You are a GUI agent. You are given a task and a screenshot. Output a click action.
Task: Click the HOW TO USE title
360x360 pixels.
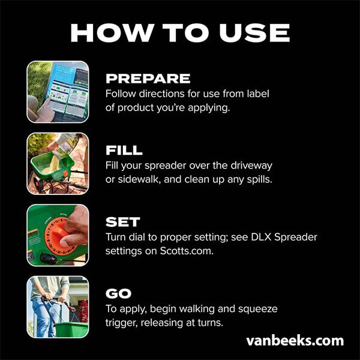coord(180,33)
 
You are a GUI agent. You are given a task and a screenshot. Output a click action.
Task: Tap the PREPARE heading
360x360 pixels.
coord(148,79)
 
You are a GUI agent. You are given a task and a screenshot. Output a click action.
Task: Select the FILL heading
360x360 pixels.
coord(124,151)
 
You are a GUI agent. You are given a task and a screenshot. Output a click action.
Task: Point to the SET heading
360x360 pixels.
coord(122,222)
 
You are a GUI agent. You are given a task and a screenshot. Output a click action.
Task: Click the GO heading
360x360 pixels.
coord(118,293)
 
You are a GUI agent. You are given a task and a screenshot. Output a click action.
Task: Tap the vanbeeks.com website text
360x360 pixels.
coord(295,341)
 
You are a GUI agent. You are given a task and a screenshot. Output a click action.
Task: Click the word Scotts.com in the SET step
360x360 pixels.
coord(187,251)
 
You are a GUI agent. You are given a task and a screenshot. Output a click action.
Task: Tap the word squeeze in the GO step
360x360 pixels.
coord(257,310)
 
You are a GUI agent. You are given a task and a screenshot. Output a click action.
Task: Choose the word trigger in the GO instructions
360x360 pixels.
coord(122,323)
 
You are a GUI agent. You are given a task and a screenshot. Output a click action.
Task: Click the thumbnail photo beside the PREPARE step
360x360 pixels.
coord(58,92)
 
